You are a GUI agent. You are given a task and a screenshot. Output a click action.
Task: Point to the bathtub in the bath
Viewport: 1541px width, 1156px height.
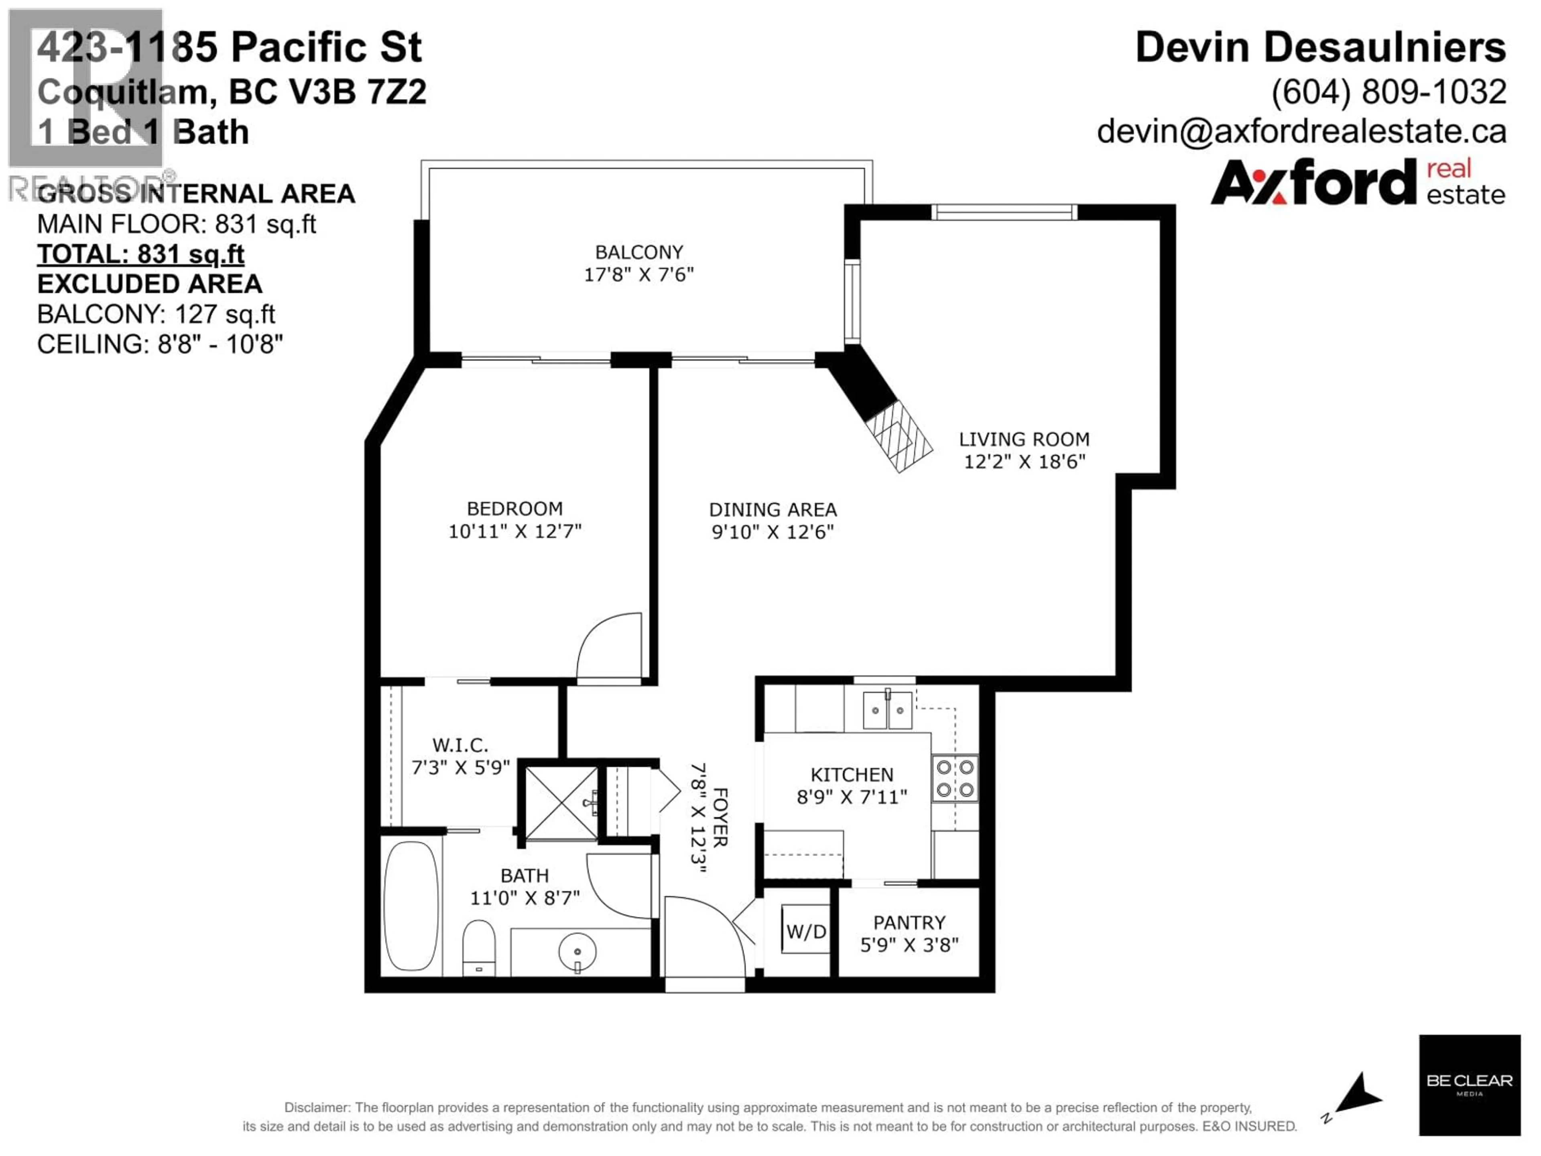click(x=411, y=906)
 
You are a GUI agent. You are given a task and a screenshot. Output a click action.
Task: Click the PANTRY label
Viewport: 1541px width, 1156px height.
click(x=909, y=922)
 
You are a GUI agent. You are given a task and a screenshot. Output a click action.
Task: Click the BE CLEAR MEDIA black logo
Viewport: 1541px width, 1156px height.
click(x=1469, y=1084)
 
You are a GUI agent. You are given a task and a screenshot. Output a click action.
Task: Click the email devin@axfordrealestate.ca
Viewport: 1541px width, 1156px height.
click(x=1301, y=131)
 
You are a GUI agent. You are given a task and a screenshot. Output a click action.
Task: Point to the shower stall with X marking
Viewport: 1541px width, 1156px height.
click(x=560, y=803)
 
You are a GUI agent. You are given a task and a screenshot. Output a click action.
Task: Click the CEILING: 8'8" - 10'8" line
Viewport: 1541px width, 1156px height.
click(x=160, y=344)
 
